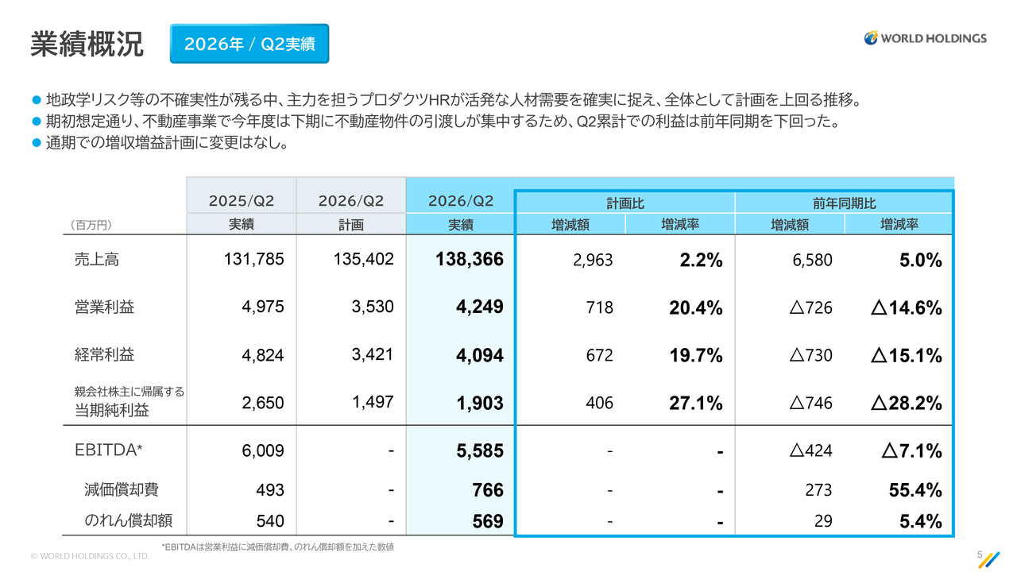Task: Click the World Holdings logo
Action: (925, 38)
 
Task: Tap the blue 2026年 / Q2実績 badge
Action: (249, 44)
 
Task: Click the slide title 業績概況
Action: (87, 44)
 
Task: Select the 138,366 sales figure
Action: (469, 259)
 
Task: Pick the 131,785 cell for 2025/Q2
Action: (253, 259)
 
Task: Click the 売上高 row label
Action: (97, 260)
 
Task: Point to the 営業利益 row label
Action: (104, 307)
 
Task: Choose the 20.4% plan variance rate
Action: (695, 307)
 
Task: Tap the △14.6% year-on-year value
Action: (907, 307)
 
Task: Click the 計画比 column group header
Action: (625, 203)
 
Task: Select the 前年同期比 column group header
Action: (844, 203)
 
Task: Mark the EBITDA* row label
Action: (109, 450)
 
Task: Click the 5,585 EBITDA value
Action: (479, 450)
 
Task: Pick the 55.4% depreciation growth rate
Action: (915, 490)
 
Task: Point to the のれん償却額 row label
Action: (129, 520)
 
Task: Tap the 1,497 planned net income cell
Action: (373, 402)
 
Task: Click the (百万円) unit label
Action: (91, 225)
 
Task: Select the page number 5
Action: (980, 555)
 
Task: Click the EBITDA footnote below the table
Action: (278, 547)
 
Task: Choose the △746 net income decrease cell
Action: (810, 403)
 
